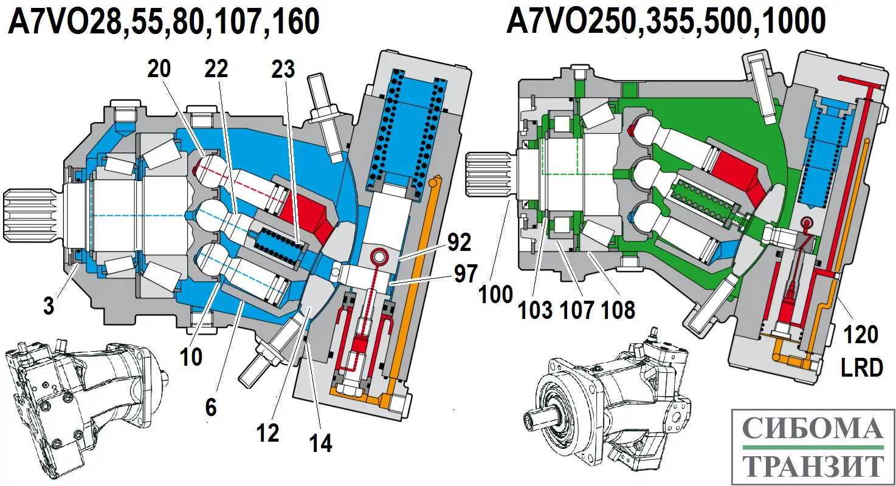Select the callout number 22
pyautogui.click(x=216, y=69)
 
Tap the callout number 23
pyautogui.click(x=283, y=69)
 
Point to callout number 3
pyautogui.click(x=49, y=306)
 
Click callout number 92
pyautogui.click(x=459, y=242)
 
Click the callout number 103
pyautogui.click(x=536, y=310)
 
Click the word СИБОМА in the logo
pyautogui.click(x=813, y=430)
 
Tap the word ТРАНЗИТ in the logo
pyautogui.click(x=813, y=466)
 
